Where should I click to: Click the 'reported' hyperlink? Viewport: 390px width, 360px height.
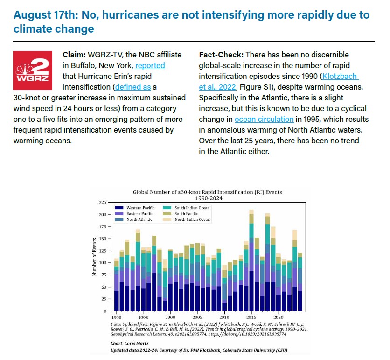pos(150,65)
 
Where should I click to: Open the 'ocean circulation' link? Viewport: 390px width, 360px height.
pos(264,119)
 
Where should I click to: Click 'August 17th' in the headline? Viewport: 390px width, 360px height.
pos(45,14)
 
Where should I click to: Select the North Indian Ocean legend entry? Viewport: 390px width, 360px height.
pos(188,219)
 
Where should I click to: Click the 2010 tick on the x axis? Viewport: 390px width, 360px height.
pos(224,316)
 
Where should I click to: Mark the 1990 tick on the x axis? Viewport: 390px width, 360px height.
pos(117,316)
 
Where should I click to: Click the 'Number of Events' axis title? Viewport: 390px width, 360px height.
pos(94,256)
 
